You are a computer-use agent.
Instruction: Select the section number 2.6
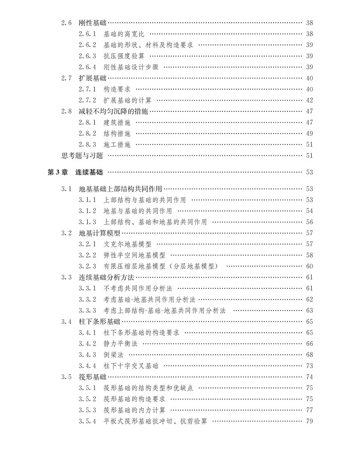(67, 23)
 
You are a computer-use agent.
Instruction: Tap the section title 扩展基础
(92, 78)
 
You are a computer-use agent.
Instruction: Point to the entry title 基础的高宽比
(124, 34)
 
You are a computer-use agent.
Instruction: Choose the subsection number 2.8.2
(87, 134)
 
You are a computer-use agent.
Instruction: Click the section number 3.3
(67, 277)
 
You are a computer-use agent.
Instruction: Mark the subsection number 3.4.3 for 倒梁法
(87, 354)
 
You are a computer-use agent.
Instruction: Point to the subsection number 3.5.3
(87, 410)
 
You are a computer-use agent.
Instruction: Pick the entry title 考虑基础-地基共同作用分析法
(150, 299)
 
